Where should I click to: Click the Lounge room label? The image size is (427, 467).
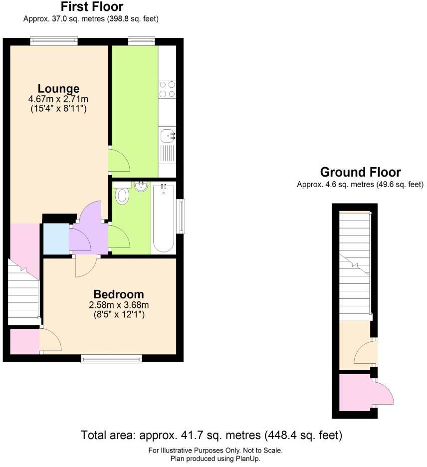(59, 89)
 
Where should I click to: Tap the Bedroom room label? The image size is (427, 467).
(118, 294)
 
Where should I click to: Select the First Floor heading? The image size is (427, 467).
(92, 7)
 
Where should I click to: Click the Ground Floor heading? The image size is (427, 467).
(360, 173)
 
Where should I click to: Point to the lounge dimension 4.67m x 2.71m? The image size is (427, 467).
(59, 99)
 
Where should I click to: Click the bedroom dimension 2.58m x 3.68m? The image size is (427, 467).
(118, 305)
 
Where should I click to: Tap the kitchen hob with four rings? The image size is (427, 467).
(167, 89)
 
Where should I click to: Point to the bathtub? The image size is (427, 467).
(164, 218)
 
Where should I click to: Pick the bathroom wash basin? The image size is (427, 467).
(141, 187)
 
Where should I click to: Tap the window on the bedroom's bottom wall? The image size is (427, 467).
(111, 358)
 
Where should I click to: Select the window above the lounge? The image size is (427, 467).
(54, 41)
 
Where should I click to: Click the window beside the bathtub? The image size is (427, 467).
(182, 216)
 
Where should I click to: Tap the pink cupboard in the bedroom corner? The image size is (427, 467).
(25, 340)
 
